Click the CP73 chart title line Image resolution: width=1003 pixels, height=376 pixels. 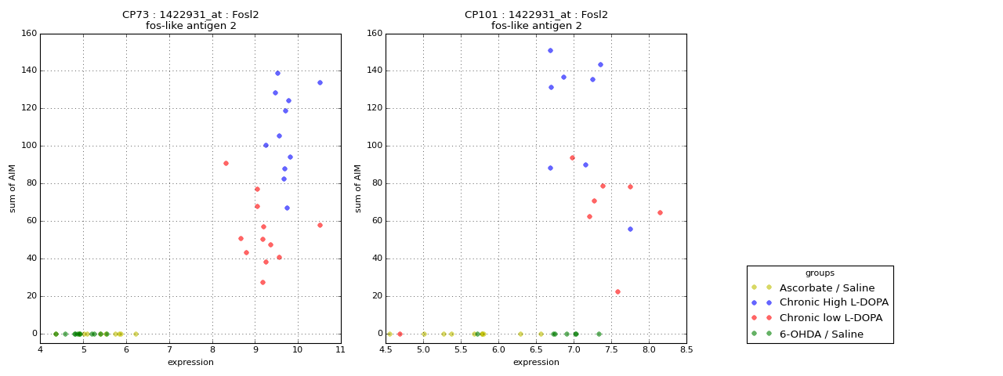(x=190, y=15)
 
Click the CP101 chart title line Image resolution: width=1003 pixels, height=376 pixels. (x=536, y=15)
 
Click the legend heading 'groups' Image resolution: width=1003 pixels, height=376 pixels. (x=820, y=273)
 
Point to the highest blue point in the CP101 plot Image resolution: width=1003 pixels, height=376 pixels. (x=550, y=51)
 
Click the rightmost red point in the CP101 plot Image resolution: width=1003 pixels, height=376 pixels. (x=660, y=212)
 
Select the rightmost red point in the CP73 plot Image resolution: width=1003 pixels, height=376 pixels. (x=320, y=225)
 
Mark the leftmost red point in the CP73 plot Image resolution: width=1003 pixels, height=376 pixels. (x=226, y=163)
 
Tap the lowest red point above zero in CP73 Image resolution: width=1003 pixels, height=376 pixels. (x=263, y=282)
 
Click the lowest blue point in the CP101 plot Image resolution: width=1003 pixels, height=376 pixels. (x=630, y=229)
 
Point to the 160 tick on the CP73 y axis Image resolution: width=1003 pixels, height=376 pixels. (x=30, y=34)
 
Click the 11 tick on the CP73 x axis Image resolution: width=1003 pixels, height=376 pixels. (x=340, y=349)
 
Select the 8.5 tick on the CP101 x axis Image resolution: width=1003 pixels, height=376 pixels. (x=686, y=349)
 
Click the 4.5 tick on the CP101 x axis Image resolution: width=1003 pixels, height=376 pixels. (x=386, y=349)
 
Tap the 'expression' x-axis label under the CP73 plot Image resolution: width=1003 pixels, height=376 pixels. (x=190, y=362)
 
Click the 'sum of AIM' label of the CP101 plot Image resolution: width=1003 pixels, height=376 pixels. (x=359, y=188)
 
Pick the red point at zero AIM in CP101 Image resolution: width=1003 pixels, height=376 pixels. (x=400, y=334)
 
